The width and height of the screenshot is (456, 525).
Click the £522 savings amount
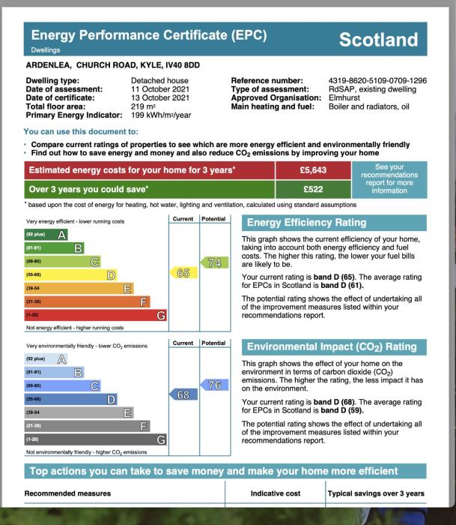314,189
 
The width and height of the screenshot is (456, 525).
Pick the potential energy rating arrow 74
213,262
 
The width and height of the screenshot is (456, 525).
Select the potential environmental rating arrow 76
213,385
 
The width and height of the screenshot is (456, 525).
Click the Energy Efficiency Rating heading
306,223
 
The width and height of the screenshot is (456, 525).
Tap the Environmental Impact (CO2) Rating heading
331,346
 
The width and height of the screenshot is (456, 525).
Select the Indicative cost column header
275,493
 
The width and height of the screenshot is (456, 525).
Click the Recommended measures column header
67,493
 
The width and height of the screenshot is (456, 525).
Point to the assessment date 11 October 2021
160,88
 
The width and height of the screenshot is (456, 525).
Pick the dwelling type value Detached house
159,80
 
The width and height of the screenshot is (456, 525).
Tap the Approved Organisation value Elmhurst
344,97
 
